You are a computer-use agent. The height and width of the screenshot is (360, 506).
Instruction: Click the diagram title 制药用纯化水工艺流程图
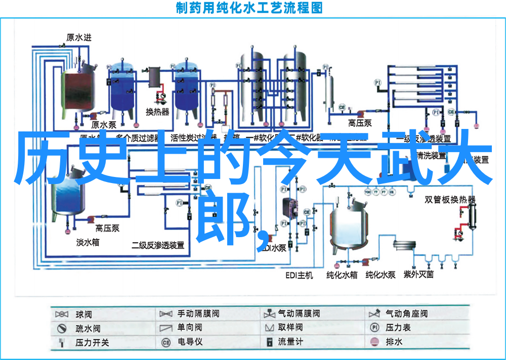pos(249,8)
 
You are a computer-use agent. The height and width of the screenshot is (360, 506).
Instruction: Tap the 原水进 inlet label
pos(79,37)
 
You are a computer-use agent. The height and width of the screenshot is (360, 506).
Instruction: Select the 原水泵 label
pos(104,125)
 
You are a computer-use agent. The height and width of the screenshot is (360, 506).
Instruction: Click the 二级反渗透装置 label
pos(158,245)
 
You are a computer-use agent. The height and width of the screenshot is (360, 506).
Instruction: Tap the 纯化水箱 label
pos(342,275)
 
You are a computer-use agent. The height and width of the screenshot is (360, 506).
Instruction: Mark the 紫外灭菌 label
pos(418,275)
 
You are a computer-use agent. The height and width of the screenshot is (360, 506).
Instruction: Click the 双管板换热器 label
pos(450,199)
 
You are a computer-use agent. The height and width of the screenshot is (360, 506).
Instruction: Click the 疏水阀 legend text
pos(88,328)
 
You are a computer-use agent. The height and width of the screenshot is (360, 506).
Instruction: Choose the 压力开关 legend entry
pos(92,342)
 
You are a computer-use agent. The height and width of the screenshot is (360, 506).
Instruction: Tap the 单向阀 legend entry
pos(190,328)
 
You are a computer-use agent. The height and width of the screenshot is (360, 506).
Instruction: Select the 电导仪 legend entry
pos(190,342)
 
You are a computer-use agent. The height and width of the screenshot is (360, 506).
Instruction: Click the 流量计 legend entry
pos(290,342)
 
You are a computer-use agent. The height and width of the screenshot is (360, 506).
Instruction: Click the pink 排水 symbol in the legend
pos(375,342)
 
